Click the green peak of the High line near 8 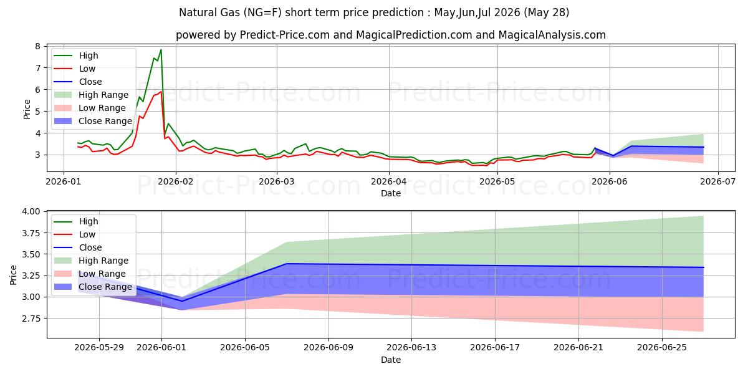tap(161, 50)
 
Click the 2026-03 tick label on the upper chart tap(277, 181)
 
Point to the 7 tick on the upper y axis tap(38, 68)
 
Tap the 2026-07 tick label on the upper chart tap(718, 181)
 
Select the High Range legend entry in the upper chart tap(91, 95)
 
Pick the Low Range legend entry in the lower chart tap(90, 274)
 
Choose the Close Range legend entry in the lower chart tap(93, 287)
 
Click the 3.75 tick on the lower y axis tap(31, 233)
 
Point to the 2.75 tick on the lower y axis tap(31, 319)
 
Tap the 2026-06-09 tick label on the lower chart tap(328, 348)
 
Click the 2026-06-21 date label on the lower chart tap(578, 348)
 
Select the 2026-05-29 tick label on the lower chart tap(99, 348)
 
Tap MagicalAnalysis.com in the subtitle tap(552, 35)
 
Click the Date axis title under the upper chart tap(391, 193)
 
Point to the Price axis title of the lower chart tap(13, 275)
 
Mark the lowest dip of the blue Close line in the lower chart tap(182, 301)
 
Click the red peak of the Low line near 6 tap(161, 92)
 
